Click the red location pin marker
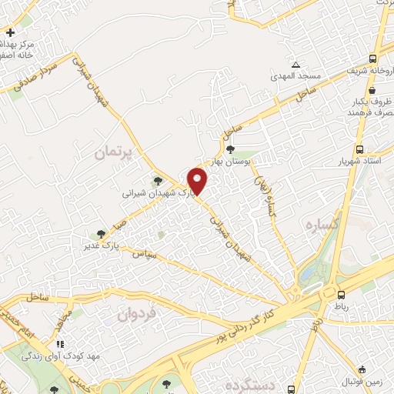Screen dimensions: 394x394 tap(198, 180)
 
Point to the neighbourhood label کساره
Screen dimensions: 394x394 tap(317, 226)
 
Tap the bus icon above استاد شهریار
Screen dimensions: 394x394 tap(360, 150)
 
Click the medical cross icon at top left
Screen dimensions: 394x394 tap(9, 33)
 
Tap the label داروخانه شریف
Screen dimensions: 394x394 tap(367, 72)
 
